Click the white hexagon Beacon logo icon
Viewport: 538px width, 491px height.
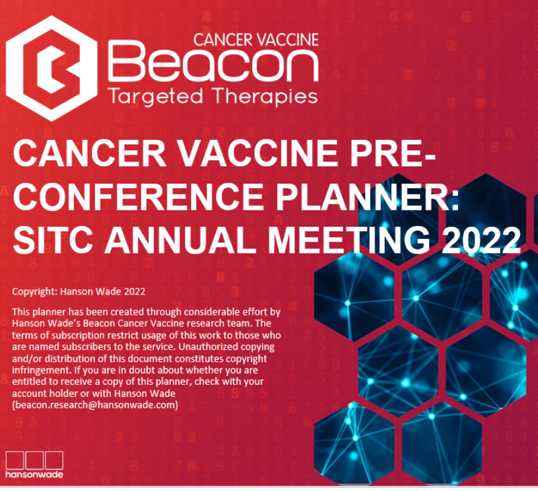pos(52,69)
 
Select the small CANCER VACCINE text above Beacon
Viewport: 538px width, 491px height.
pos(256,40)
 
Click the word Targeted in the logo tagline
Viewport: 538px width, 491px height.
pos(155,97)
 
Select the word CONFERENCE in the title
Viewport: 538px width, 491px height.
pos(138,196)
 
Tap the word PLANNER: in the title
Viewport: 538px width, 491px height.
pos(367,196)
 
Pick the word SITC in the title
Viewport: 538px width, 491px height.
pos(53,240)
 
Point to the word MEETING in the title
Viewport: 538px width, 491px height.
pos(349,240)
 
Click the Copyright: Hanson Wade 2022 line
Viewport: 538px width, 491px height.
pos(79,292)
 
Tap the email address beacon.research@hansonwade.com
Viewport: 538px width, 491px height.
pos(95,405)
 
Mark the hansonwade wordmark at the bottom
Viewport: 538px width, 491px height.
pos(34,475)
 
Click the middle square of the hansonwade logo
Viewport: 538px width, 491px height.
pos(34,460)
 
